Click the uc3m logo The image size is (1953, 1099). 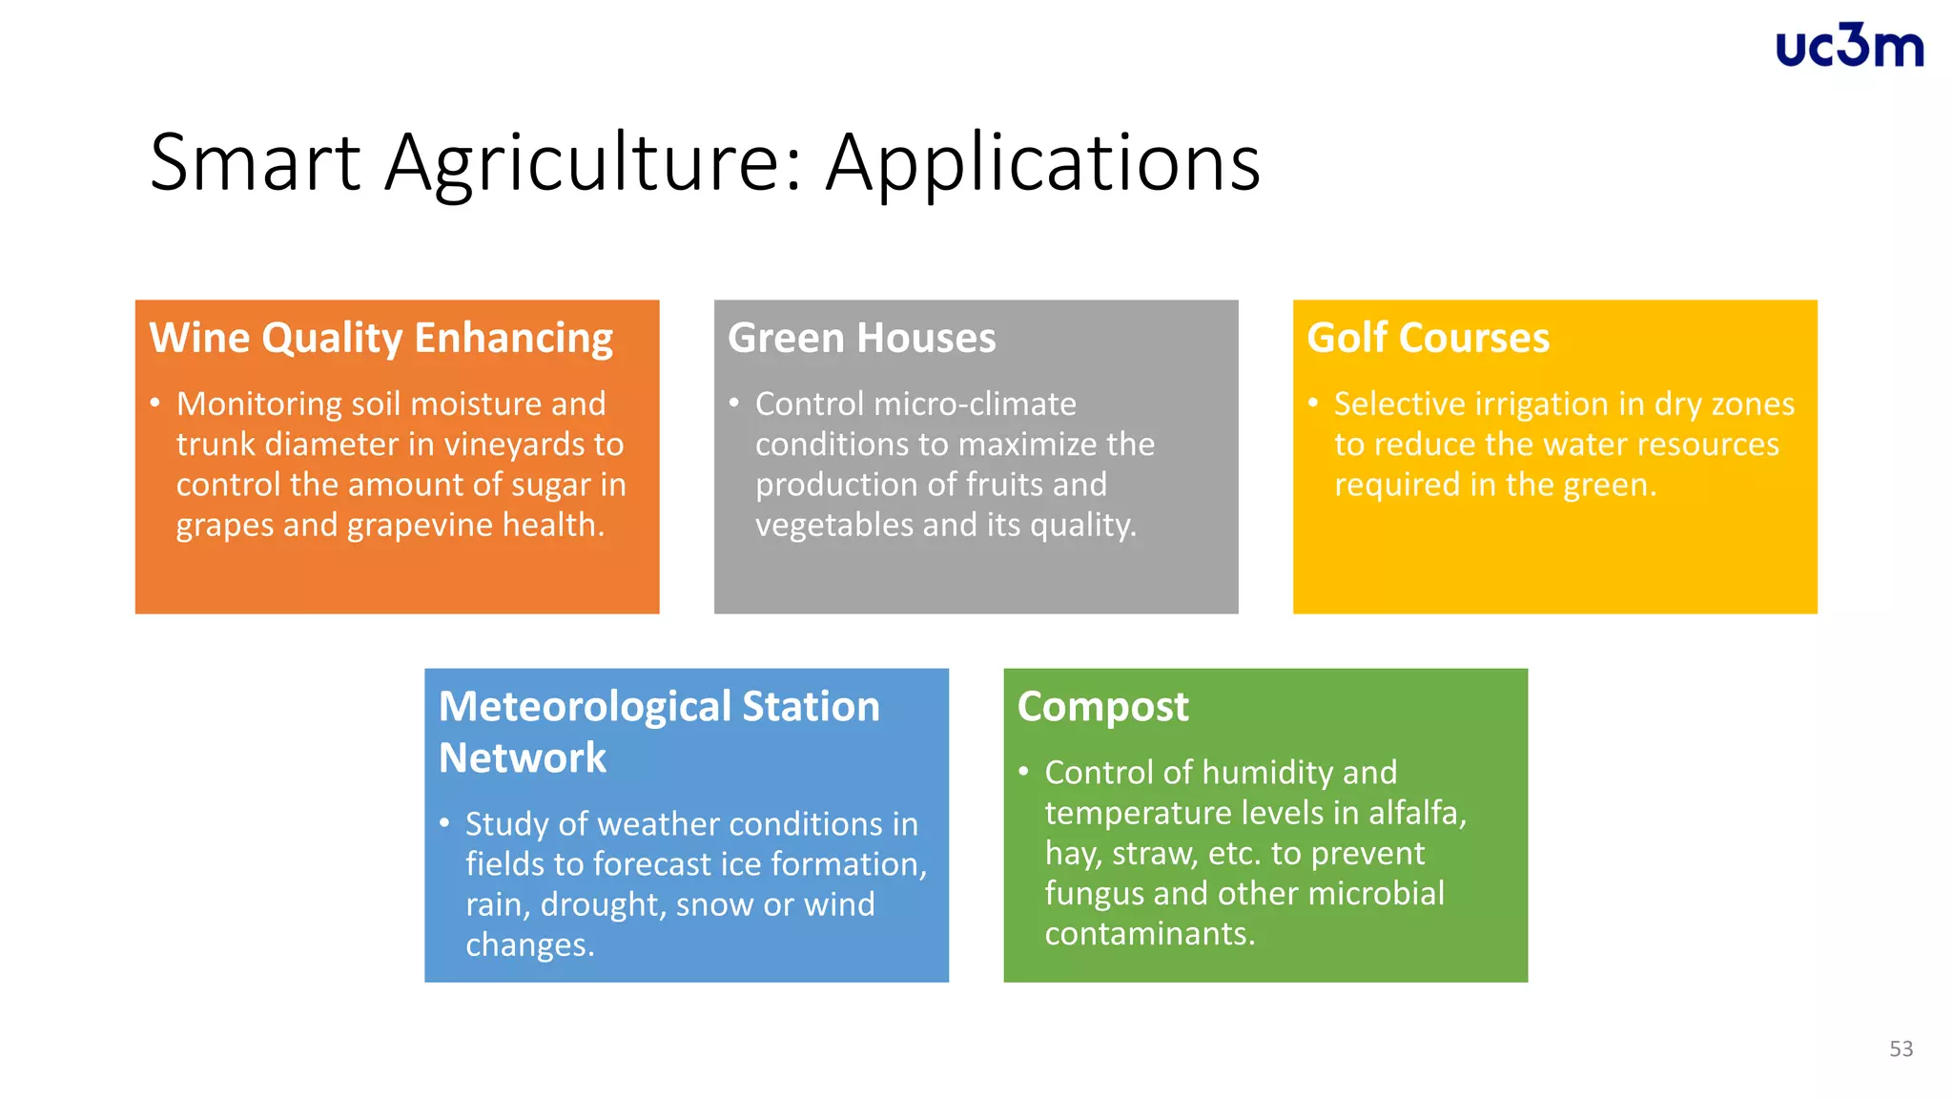click(1849, 46)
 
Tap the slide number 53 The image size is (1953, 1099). click(1901, 1048)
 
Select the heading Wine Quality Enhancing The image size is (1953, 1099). click(380, 339)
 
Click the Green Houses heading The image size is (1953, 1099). click(861, 339)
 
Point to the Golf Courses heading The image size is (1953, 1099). click(1428, 339)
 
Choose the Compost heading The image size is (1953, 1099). click(1102, 707)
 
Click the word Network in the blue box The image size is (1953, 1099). click(522, 758)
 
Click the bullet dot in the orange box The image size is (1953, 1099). click(154, 404)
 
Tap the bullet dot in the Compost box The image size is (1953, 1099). click(1023, 772)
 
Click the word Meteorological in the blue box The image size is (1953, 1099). click(584, 707)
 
